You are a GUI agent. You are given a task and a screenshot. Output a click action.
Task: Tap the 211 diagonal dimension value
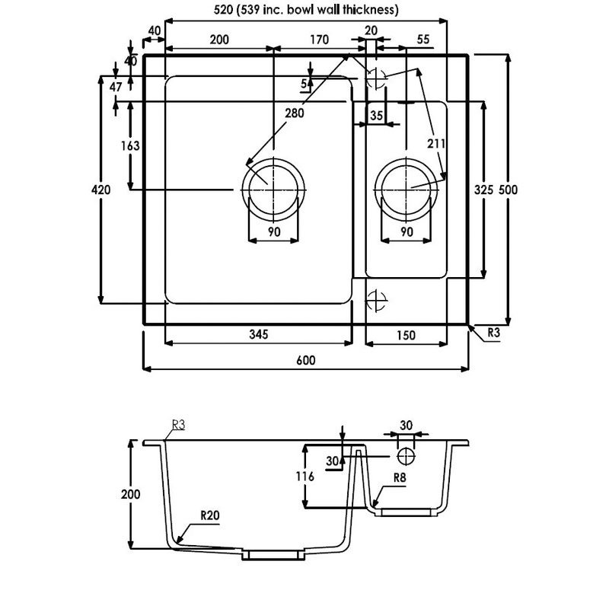(x=436, y=142)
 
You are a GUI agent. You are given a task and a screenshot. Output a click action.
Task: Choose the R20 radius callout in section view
(x=209, y=515)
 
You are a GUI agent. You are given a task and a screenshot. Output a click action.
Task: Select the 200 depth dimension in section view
(x=131, y=495)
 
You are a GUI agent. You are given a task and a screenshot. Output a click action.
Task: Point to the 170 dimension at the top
(x=318, y=39)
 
